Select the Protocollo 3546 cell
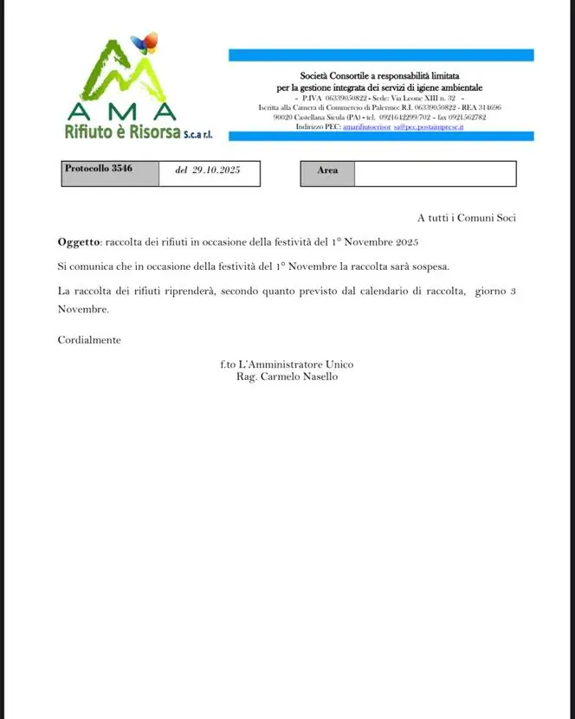pos(99,170)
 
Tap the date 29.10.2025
pos(207,170)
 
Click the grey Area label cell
pos(327,170)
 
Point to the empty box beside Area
pos(435,173)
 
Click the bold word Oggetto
pos(79,243)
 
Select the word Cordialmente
pos(89,340)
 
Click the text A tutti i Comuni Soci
pos(466,218)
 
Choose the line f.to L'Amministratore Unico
pos(287,364)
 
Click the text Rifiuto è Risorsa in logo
pos(122,132)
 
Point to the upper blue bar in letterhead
pos(381,55)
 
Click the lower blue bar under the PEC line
pos(381,137)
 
